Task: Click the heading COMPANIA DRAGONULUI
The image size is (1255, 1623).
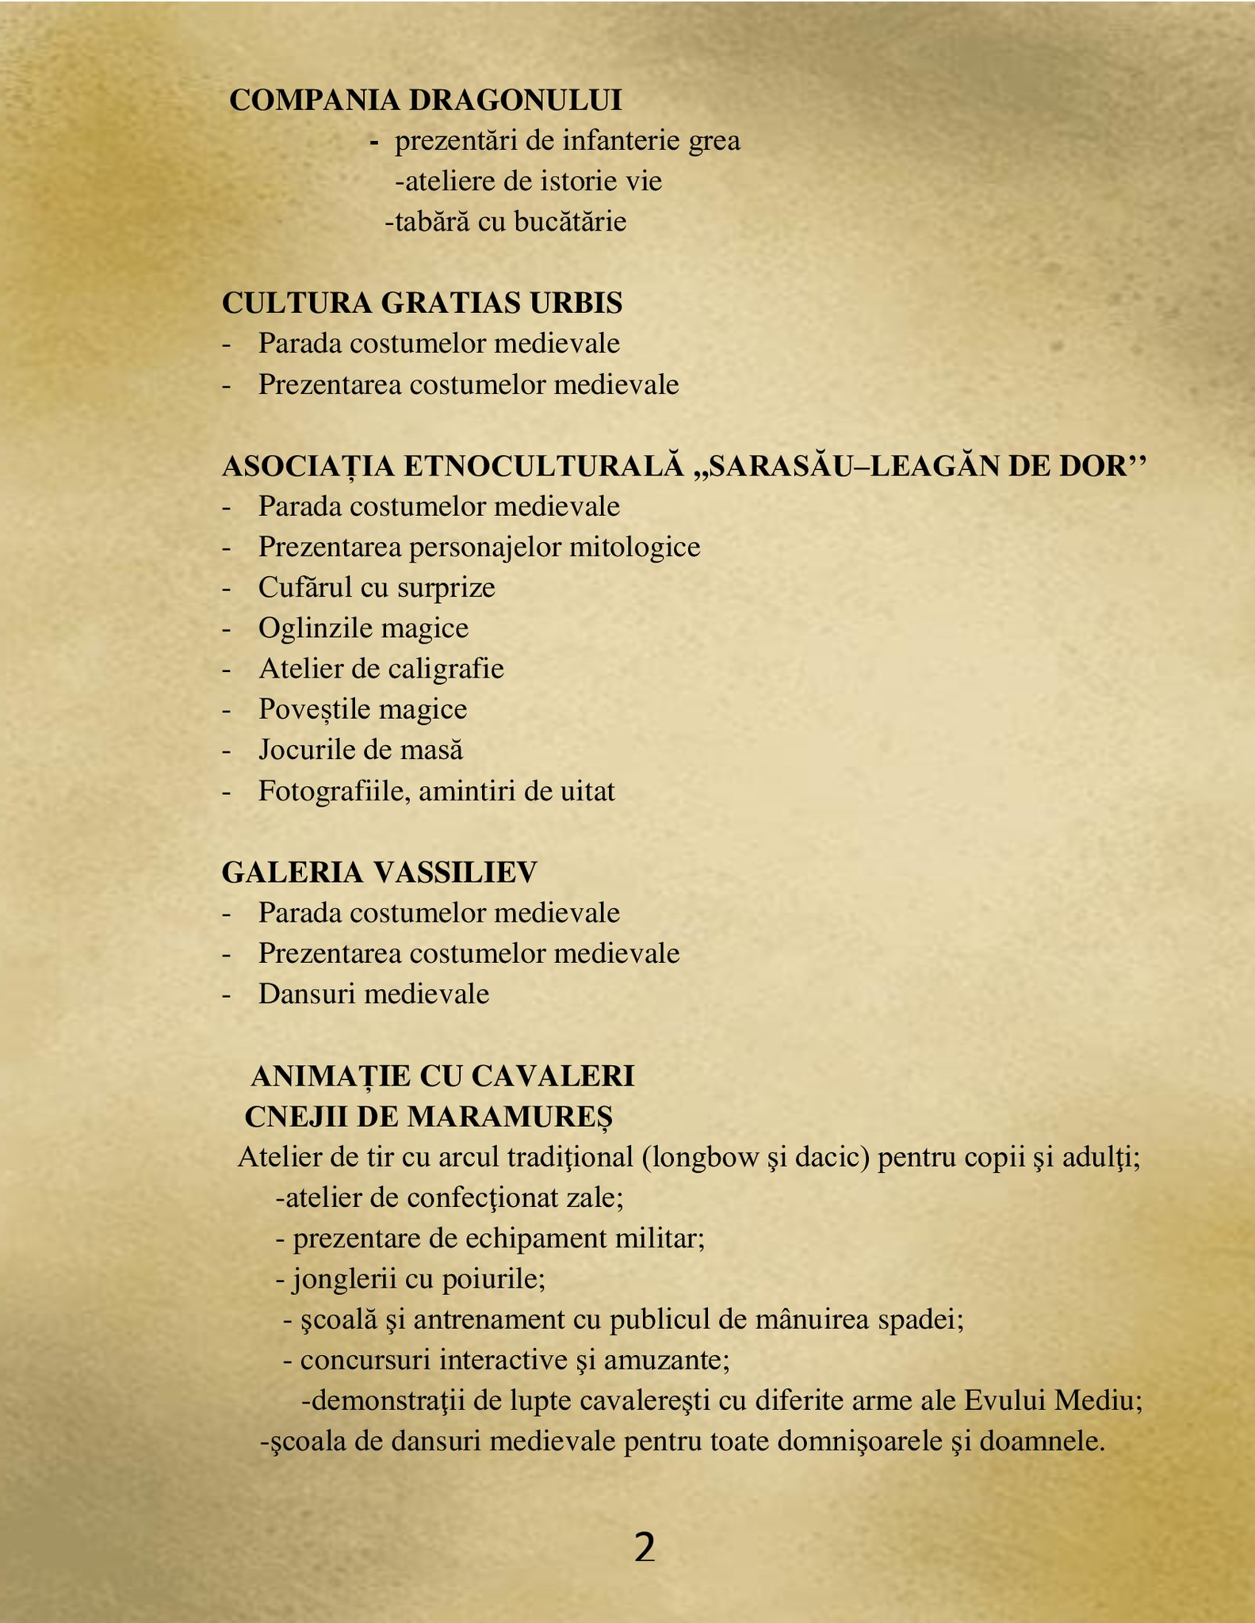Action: point(426,101)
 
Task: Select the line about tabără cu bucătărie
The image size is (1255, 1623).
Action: point(505,222)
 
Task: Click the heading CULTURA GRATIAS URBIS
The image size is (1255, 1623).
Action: point(422,304)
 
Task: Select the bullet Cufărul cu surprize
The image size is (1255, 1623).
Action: point(376,588)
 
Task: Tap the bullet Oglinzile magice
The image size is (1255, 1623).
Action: point(363,628)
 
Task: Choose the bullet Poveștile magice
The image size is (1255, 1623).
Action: point(362,709)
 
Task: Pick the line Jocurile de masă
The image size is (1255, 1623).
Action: point(360,750)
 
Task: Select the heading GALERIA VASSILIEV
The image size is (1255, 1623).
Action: point(379,873)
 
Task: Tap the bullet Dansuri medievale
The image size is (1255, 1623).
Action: point(373,994)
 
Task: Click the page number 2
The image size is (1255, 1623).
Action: point(645,1548)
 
